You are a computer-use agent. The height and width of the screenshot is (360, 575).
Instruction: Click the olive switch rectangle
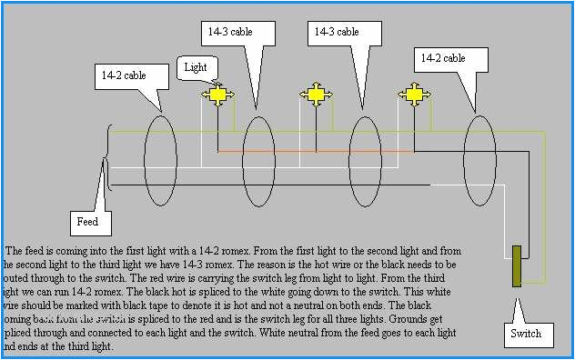pyautogui.click(x=517, y=266)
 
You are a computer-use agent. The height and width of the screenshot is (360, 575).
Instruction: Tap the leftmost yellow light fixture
pyautogui.click(x=217, y=94)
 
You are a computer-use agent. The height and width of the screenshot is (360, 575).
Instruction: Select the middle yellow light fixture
pyautogui.click(x=316, y=94)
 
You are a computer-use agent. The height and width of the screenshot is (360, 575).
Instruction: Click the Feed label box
pyautogui.click(x=87, y=221)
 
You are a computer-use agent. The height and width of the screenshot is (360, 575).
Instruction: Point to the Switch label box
pyautogui.click(x=526, y=334)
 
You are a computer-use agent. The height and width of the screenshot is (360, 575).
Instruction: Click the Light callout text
pyautogui.click(x=196, y=67)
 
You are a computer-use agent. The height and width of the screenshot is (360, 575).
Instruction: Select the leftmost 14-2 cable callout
pyautogui.click(x=122, y=75)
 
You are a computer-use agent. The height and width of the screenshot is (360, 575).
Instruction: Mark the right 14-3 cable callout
pyautogui.click(x=337, y=32)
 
